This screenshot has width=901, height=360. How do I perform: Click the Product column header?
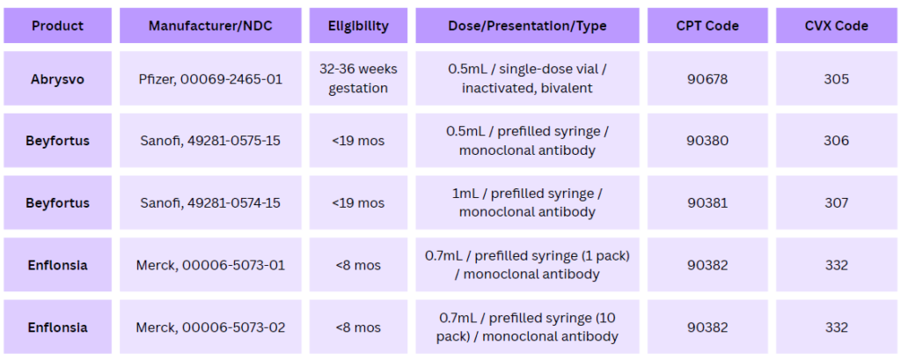(x=57, y=26)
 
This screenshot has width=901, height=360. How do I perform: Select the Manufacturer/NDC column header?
(x=210, y=26)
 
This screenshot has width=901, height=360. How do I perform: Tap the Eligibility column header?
(x=359, y=26)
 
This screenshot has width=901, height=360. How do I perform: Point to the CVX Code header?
(x=836, y=26)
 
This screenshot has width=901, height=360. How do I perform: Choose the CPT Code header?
(x=707, y=26)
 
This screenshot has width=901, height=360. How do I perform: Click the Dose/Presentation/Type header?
(x=528, y=26)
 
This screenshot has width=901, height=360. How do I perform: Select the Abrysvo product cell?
(x=57, y=79)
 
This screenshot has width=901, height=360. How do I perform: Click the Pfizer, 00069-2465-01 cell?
(x=210, y=79)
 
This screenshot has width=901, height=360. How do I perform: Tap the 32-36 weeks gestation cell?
(x=359, y=79)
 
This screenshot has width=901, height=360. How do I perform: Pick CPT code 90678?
(x=707, y=79)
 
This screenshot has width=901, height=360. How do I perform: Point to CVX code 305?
(x=836, y=79)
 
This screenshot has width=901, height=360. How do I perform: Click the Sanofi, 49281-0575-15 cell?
(x=210, y=141)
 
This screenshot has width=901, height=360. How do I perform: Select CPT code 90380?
(x=707, y=141)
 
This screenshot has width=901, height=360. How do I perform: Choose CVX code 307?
(x=836, y=203)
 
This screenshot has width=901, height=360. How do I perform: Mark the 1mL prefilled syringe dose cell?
(x=528, y=203)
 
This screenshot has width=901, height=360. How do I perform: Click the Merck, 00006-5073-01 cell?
(x=210, y=265)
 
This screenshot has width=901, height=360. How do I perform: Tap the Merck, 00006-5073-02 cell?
(x=210, y=327)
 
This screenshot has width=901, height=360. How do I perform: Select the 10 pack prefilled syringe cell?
(x=528, y=327)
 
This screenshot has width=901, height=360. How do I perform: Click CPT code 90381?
(x=707, y=203)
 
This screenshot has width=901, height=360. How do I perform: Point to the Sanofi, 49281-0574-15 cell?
(x=210, y=203)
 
